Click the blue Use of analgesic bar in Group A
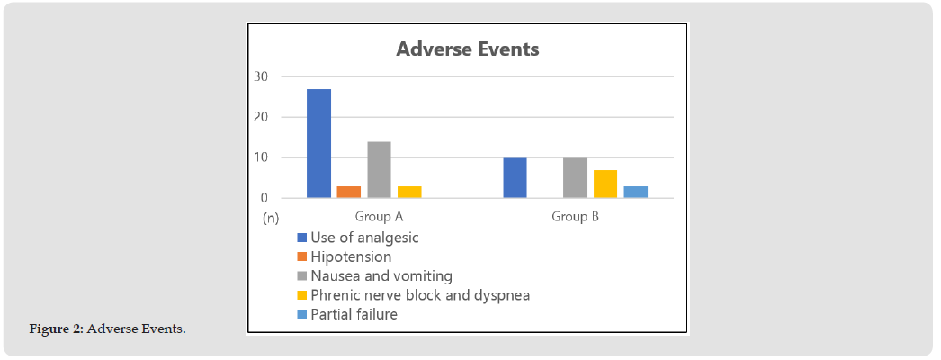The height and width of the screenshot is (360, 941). point(318,143)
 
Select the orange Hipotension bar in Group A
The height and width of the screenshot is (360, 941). point(349,192)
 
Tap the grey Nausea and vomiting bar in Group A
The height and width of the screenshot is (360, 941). point(379,170)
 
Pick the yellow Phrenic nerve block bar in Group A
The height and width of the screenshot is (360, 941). point(409,192)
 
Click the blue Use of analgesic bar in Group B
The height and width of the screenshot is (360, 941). point(515,178)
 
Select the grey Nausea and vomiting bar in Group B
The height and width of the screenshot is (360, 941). point(575,178)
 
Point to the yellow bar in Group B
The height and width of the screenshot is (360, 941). point(605,184)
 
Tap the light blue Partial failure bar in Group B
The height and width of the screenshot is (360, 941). point(635,192)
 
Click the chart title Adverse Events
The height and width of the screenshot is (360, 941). point(468,49)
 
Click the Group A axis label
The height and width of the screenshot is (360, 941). point(380,217)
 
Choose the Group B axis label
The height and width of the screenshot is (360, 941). point(575,217)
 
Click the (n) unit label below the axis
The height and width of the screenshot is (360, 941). point(271,219)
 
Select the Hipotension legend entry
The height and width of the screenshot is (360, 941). point(345,256)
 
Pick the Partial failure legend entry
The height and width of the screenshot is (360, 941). point(347,314)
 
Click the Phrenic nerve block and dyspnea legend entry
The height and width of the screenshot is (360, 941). point(414,295)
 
